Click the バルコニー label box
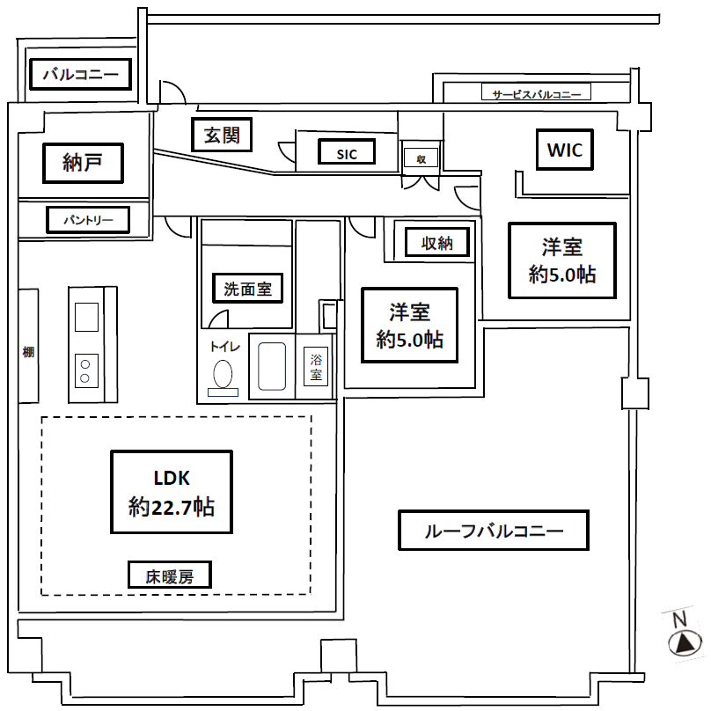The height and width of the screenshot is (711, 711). coord(80,74)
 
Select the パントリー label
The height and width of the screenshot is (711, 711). coord(87,219)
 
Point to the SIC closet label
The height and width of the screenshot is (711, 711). coord(346,153)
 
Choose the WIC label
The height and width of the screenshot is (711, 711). coord(564,150)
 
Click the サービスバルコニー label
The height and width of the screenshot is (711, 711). coord(536,93)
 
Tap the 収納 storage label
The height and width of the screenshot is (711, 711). coord(436,242)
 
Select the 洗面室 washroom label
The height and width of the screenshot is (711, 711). coord(247,288)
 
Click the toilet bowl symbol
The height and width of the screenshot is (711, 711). coord(223,374)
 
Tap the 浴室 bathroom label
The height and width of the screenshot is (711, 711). coord(315,366)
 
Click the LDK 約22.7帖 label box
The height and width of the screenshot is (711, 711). coord(172,492)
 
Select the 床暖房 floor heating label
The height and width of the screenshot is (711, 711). coord(169,576)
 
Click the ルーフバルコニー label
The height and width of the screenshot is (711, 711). coord(493,531)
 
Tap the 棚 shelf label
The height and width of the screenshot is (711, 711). coord(28,353)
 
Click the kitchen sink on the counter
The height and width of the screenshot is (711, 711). coord(86,316)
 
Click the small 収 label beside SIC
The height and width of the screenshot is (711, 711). coord(421,158)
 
